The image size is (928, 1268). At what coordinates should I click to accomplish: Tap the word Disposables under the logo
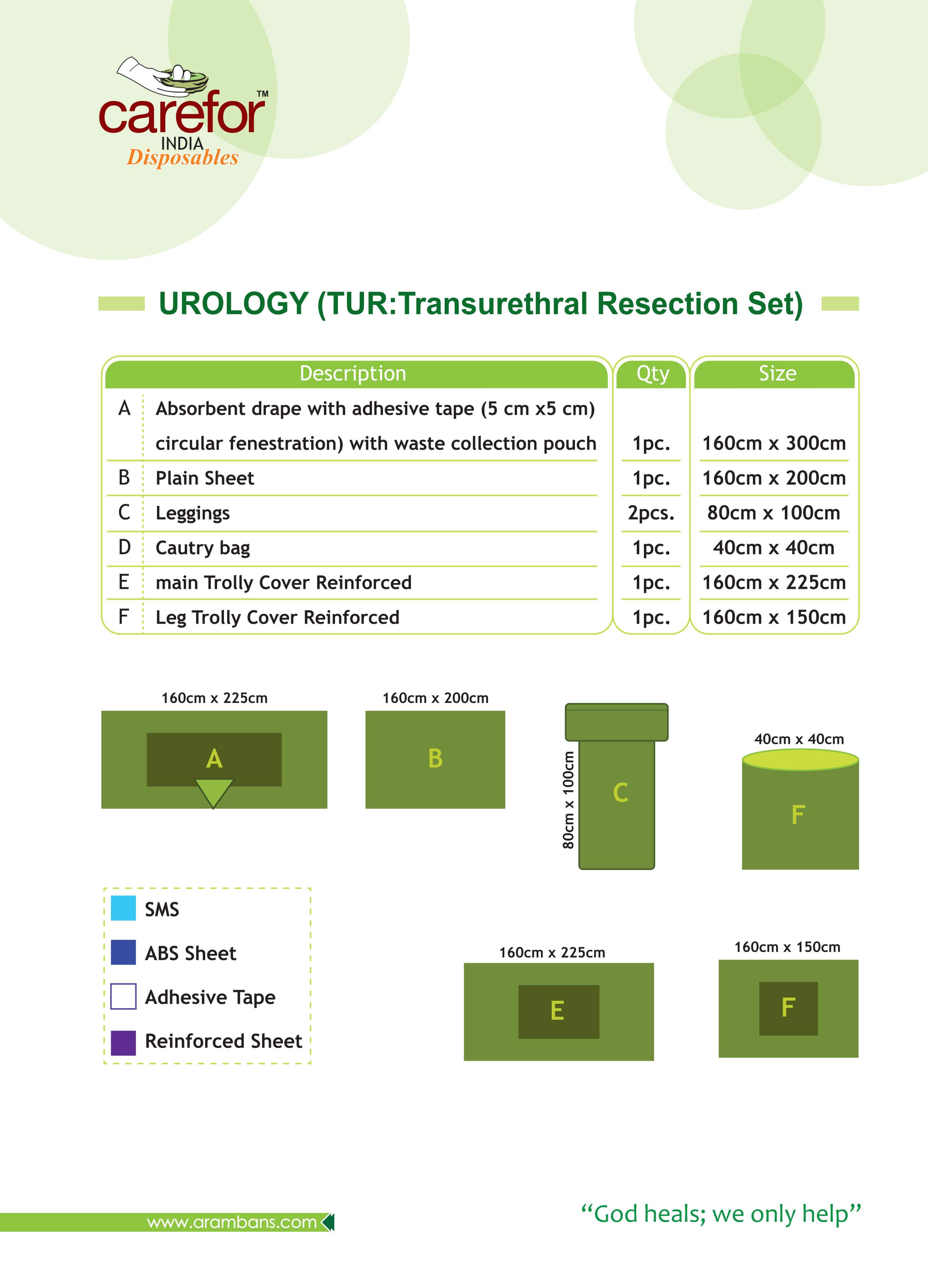pos(183,158)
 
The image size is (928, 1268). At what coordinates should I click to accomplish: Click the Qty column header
pos(652,373)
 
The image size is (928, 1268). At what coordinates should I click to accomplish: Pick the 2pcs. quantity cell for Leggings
pos(651,513)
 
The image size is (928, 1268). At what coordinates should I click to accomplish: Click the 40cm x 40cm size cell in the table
pos(774,547)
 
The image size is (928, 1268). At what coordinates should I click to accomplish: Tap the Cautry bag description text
pos(203,547)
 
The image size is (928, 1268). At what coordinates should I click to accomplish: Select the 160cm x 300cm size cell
pos(774,443)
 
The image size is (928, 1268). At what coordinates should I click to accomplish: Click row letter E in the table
pos(124,582)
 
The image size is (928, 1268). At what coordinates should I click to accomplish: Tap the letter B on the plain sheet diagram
pos(435,758)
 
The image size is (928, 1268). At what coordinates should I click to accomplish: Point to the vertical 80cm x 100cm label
pos(568,800)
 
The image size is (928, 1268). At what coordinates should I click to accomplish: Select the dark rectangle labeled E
pos(558,1011)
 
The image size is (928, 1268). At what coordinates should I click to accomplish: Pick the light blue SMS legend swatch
pos(123,908)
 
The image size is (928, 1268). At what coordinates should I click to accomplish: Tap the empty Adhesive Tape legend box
pos(123,996)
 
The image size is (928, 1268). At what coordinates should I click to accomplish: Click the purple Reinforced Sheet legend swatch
pos(123,1042)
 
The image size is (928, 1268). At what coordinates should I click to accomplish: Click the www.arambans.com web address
pos(232,1222)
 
